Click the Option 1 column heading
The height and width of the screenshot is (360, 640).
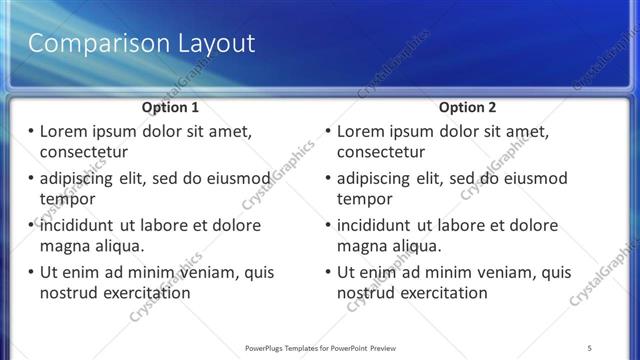pos(170,106)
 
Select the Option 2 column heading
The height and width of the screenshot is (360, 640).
pos(467,106)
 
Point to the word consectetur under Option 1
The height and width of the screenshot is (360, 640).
pos(83,152)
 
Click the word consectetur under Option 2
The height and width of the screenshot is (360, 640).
pos(380,152)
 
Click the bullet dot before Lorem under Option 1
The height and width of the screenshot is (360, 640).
pos(31,132)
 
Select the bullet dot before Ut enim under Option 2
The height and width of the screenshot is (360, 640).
pos(328,272)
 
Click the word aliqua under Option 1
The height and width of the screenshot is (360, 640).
pos(118,245)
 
